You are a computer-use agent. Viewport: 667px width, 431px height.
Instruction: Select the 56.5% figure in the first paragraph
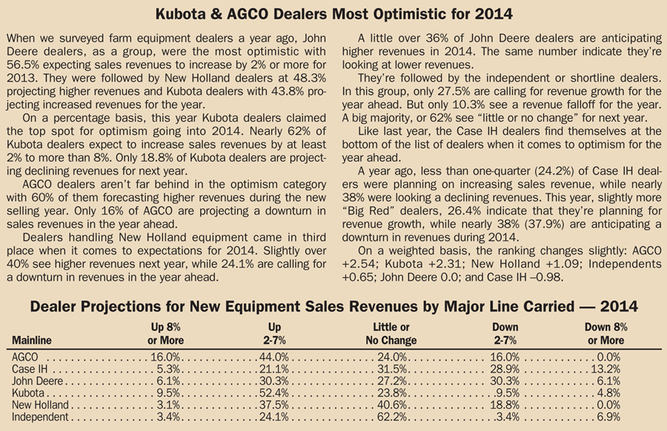coord(23,65)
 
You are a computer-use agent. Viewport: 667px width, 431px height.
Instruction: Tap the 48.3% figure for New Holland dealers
coord(309,79)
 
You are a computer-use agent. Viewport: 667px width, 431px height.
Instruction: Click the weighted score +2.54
coord(359,264)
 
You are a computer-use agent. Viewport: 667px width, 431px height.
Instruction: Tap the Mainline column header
coord(31,340)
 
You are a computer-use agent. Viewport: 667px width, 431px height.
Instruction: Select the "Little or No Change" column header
coord(391,334)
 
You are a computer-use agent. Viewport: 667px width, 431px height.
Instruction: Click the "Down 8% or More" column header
coord(605,334)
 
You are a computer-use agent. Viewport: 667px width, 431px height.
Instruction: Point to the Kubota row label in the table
coord(27,392)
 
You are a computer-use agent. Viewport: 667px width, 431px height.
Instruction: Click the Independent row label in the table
coord(40,416)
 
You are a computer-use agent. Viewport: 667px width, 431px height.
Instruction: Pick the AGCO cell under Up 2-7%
coord(274,357)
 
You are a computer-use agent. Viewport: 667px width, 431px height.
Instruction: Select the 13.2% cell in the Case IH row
coord(605,369)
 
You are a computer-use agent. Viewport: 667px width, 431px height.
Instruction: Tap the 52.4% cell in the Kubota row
coord(274,392)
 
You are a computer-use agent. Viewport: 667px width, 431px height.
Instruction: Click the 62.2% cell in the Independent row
coord(392,416)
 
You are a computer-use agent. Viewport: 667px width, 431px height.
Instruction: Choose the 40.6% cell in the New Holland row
coord(392,404)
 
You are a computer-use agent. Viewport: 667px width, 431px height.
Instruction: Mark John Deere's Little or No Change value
coord(392,381)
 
